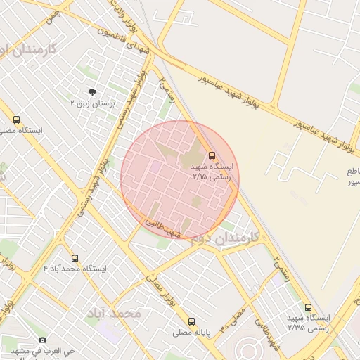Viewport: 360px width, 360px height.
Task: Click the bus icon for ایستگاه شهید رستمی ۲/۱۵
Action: click(212, 155)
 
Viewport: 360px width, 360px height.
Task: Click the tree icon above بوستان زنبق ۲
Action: click(92, 91)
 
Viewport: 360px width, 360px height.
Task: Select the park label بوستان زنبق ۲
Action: click(92, 103)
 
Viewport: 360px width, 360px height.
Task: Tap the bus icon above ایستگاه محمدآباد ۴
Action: click(75, 258)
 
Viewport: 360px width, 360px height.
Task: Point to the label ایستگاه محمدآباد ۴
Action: click(75, 269)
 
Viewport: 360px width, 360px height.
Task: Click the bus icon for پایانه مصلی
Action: click(191, 321)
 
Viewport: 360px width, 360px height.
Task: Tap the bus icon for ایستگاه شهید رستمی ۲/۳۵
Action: click(308, 307)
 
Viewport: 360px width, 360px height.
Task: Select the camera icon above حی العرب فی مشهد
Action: click(42, 340)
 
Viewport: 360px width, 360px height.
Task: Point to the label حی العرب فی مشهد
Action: click(42, 349)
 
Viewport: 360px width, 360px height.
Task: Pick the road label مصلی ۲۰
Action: click(233, 321)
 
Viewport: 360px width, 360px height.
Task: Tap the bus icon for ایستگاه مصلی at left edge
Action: click(16, 120)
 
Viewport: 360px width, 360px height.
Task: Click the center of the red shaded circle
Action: click(180, 179)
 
